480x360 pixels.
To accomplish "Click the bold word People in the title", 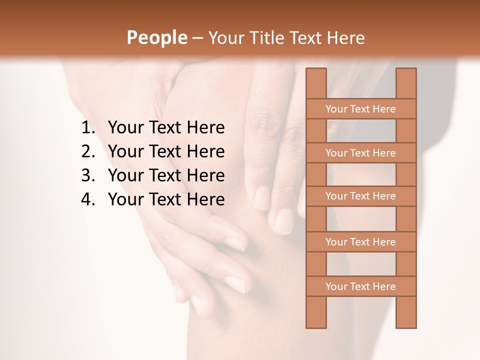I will [156, 37].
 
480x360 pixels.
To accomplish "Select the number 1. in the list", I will [88, 128].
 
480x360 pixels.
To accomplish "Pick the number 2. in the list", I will [88, 151].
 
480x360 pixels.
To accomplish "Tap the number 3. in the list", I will [88, 175].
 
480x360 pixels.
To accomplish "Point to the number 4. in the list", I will [88, 199].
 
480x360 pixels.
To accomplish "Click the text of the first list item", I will [166, 128].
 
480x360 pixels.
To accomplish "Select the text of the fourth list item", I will [166, 199].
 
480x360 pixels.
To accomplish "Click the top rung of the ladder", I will [360, 109].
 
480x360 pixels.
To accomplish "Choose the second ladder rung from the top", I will [360, 153].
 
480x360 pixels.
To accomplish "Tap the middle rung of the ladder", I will [360, 196].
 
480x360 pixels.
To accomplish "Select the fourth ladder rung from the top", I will [360, 242].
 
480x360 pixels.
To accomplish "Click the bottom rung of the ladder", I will [360, 286].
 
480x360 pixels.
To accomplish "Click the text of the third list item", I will [166, 175].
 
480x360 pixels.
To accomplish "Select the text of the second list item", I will [166, 151].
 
